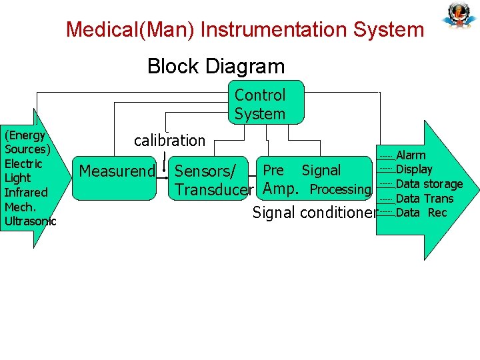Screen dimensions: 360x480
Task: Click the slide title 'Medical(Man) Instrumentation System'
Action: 245,30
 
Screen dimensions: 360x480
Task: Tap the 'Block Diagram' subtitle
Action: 215,67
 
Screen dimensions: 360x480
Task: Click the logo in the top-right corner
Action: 459,15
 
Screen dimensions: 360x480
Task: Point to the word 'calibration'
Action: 169,141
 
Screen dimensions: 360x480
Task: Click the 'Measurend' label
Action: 117,171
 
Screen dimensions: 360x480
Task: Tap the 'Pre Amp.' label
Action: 279,179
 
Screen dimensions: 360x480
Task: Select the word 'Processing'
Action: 340,189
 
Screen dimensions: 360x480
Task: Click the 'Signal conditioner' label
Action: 314,213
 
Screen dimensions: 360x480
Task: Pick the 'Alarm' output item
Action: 411,155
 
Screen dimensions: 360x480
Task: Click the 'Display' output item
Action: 414,169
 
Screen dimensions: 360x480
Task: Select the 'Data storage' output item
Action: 429,184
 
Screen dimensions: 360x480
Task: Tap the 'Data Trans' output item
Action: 424,199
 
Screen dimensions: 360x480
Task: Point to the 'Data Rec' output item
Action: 421,213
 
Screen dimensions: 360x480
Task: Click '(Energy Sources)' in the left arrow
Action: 27,142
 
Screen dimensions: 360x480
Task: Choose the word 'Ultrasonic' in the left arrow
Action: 30,221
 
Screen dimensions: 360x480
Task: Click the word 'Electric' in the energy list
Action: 23,164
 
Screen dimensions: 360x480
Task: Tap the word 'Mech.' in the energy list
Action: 19,207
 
